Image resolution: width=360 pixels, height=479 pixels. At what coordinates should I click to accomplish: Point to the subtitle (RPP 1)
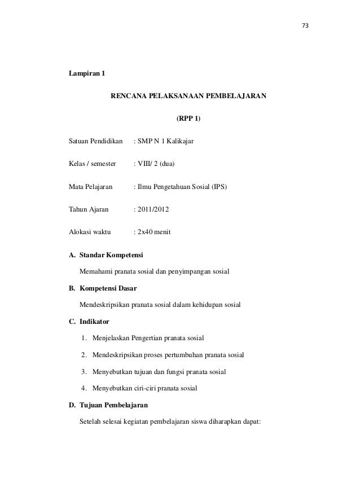tap(188, 120)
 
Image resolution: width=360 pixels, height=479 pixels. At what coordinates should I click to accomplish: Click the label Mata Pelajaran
tap(90, 186)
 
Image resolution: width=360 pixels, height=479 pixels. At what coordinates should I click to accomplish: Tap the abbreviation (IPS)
tap(219, 186)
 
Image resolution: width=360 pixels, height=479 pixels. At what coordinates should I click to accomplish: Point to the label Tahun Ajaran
tap(89, 209)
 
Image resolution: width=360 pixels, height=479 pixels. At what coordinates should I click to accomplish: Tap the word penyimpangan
tap(197, 272)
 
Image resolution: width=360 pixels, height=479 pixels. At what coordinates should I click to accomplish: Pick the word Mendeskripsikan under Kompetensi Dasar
tap(104, 305)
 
